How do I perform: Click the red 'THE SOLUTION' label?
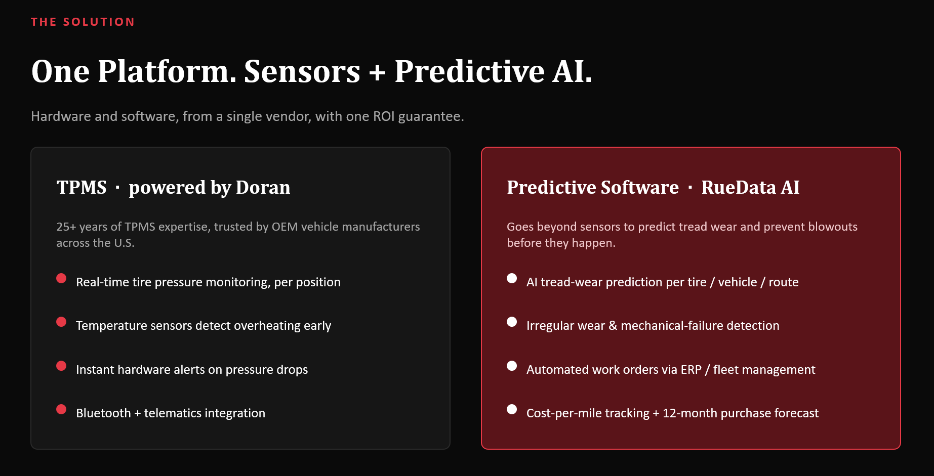[83, 22]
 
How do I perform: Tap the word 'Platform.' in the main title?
[167, 71]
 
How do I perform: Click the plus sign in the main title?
[377, 73]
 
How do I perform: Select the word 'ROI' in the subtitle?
[384, 116]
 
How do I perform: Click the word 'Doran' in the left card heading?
[263, 187]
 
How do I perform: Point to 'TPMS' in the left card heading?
[82, 187]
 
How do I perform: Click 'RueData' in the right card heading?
[739, 187]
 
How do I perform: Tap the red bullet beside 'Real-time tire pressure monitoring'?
[61, 278]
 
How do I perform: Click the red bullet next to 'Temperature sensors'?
[61, 322]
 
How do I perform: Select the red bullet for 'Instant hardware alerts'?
[61, 366]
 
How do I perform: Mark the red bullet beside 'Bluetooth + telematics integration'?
[61, 409]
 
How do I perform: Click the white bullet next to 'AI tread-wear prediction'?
[512, 278]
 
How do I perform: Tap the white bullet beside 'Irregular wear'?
[512, 322]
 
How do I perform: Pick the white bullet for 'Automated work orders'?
[512, 366]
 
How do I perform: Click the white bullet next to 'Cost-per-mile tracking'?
[512, 409]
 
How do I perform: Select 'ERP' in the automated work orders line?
[691, 370]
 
